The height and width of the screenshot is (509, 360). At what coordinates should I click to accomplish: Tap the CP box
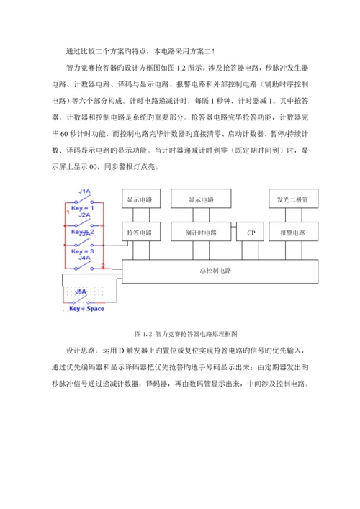click(251, 233)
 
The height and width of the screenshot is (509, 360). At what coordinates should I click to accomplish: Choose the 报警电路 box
click(292, 233)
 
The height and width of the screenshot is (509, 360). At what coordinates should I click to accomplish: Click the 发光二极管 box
click(292, 199)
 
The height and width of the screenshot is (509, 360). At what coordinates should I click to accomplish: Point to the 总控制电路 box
click(220, 271)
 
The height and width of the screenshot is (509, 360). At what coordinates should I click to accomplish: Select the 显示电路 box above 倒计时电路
click(202, 199)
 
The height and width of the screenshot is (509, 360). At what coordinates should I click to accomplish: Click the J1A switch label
click(84, 191)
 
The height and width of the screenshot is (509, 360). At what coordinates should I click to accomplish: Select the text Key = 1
click(83, 207)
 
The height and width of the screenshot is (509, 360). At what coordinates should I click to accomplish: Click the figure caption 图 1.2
click(145, 335)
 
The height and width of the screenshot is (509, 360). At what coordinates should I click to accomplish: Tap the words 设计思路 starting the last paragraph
click(78, 352)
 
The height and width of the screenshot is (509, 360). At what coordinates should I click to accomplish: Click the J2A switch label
click(84, 215)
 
